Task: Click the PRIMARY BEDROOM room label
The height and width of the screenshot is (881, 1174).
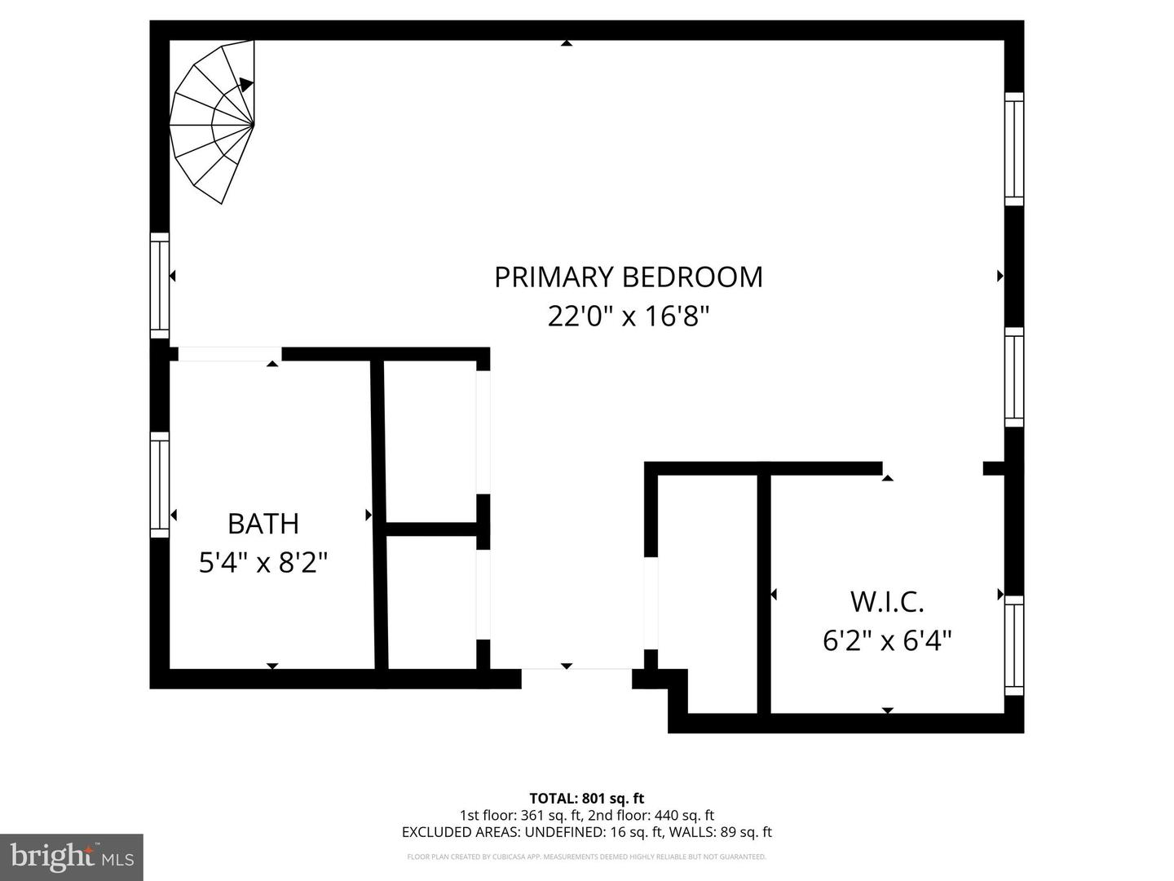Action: (x=629, y=277)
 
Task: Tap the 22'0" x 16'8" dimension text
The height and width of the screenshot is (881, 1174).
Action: (x=629, y=316)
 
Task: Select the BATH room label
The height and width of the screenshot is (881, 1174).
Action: (x=263, y=524)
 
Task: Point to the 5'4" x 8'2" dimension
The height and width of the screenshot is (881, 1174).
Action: (x=263, y=562)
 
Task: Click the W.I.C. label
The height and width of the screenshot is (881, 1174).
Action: (x=887, y=602)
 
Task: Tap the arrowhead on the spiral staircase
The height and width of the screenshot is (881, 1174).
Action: (x=245, y=84)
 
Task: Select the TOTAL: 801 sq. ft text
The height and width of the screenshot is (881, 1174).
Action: (x=586, y=799)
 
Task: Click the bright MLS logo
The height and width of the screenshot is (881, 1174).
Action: (x=72, y=857)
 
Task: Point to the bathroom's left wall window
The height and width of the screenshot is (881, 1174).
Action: (x=160, y=485)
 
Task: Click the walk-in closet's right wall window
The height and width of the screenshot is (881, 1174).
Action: (x=1013, y=644)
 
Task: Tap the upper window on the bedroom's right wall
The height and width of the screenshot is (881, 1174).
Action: (x=1013, y=149)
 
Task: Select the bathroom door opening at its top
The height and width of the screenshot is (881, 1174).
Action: (x=229, y=354)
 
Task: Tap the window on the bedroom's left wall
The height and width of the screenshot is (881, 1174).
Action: (x=160, y=286)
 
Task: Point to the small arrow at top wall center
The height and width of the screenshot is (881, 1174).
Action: (x=566, y=42)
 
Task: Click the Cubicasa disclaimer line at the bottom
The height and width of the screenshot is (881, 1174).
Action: (x=586, y=857)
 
